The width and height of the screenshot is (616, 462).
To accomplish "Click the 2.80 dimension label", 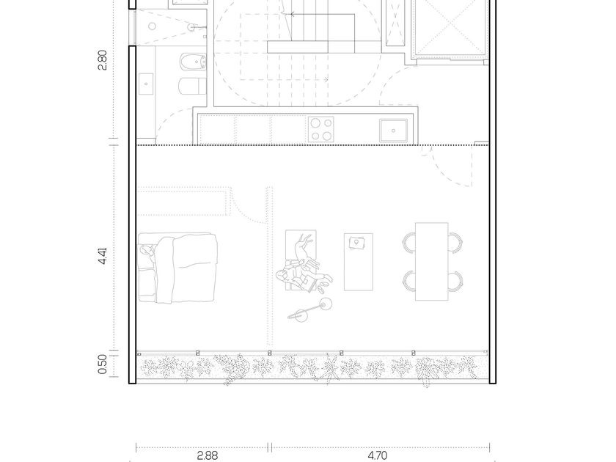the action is tap(102, 60).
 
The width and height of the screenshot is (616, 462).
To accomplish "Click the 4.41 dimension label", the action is tap(102, 255).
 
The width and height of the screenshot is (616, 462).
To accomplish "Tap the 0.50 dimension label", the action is tap(102, 364).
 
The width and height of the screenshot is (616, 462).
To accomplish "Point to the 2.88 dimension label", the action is tap(207, 455).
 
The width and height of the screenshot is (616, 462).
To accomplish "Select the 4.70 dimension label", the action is tap(378, 455).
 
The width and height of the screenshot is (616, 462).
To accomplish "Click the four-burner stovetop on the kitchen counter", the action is tap(321, 129).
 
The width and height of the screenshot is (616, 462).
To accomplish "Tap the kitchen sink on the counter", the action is tap(393, 131).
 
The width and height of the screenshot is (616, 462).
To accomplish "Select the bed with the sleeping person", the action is tap(177, 268).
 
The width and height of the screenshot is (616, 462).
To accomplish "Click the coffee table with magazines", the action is tap(359, 262).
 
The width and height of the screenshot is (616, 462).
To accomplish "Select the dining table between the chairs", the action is tap(432, 262).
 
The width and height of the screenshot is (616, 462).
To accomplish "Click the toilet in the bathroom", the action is tap(192, 86).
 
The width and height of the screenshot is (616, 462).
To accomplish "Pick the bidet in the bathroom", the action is tap(193, 62).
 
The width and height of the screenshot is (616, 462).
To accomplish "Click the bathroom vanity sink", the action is tap(146, 84).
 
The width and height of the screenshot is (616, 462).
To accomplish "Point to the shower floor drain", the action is tap(153, 26).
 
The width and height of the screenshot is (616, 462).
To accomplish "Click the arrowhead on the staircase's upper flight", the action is tap(293, 15).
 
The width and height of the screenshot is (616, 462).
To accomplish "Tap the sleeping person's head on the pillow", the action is tap(146, 250).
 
